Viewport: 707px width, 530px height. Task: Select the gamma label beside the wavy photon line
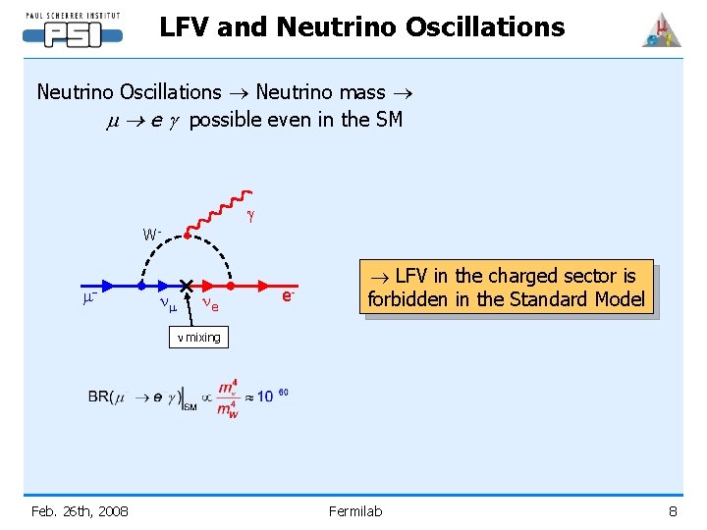[251, 213]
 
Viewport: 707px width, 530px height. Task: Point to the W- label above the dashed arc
[152, 235]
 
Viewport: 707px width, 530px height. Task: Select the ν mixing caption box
[197, 338]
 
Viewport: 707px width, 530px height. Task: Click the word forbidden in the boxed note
[408, 299]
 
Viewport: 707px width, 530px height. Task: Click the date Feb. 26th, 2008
[79, 510]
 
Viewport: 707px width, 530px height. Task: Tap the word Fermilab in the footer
[354, 510]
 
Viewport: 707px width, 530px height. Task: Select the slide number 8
[673, 510]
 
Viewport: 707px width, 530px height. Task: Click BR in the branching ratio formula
[99, 397]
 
